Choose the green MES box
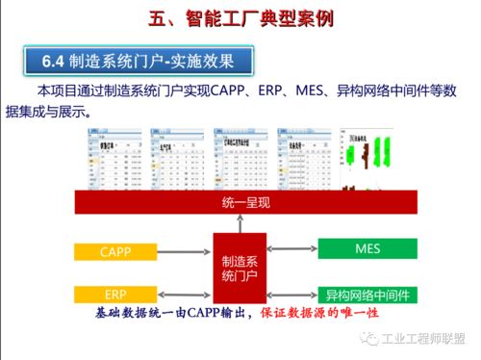point(367,249)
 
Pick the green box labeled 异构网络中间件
point(367,294)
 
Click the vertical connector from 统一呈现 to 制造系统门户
point(240,224)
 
